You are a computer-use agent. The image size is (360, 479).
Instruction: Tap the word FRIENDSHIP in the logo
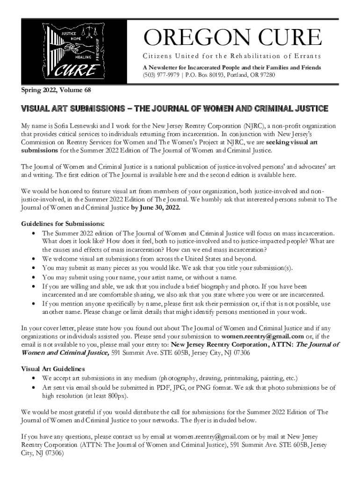pyautogui.click(x=97, y=49)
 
